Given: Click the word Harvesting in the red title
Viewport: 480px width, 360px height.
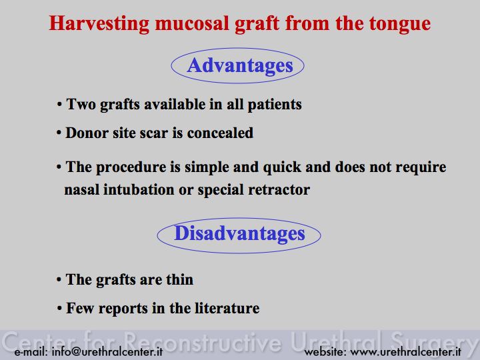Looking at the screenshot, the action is click(x=99, y=24).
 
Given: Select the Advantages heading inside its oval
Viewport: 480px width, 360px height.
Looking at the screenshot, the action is click(x=240, y=66).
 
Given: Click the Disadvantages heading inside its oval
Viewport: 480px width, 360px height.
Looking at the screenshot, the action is click(x=239, y=233).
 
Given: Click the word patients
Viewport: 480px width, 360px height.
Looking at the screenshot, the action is click(x=275, y=105).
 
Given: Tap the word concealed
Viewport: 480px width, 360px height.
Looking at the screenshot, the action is click(x=220, y=133).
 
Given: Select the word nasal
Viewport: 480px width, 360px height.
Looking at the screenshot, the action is click(x=82, y=190).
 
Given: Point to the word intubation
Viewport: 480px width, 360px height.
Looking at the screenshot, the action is click(x=139, y=190).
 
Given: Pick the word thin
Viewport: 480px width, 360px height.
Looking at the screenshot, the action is click(x=180, y=279).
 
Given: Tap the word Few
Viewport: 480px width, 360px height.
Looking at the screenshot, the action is click(x=80, y=308).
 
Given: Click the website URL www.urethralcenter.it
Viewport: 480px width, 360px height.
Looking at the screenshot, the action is click(x=405, y=351).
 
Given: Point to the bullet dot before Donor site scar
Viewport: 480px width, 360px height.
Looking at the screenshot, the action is click(x=59, y=133).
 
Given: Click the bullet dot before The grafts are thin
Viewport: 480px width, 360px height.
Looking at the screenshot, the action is click(x=59, y=280).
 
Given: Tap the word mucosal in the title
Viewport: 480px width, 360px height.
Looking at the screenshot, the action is click(x=192, y=24).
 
